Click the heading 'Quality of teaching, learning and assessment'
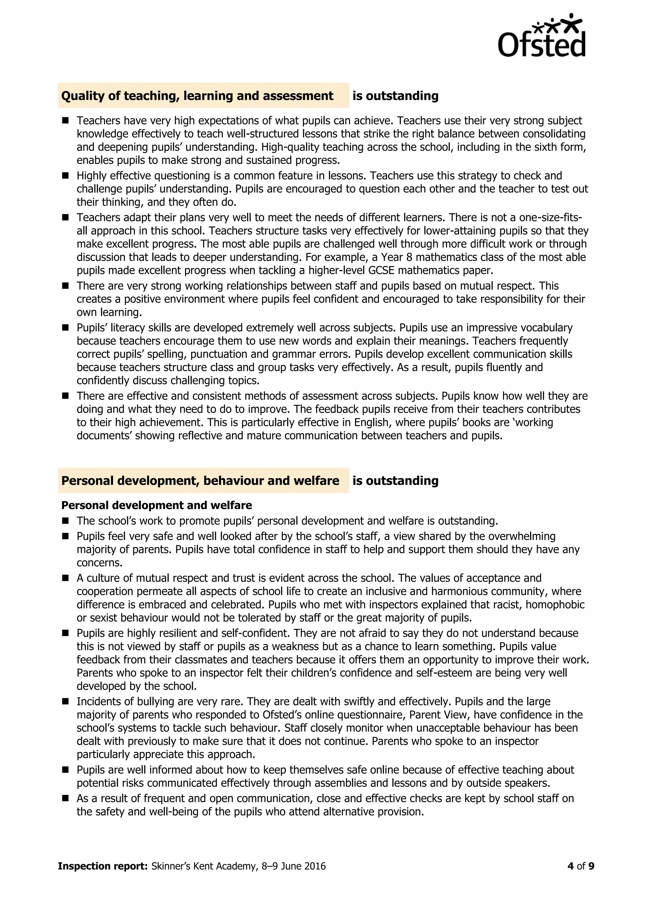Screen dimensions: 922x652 coord(197,96)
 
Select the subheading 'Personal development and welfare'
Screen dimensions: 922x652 coord(157,505)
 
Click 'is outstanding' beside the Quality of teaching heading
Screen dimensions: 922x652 coord(395,96)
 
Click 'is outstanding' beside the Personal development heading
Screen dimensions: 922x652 coord(395,481)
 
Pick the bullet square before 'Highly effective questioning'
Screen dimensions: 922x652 coord(66,175)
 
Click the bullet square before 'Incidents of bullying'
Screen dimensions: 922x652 coord(66,702)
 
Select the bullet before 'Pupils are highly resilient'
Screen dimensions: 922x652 coord(66,633)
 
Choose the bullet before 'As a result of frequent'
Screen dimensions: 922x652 coord(66,798)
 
